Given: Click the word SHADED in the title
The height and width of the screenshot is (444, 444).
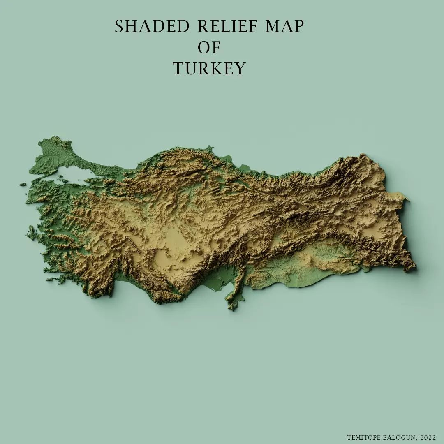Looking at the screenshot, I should click(x=152, y=27).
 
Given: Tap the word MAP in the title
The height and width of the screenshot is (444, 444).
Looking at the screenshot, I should click(x=284, y=27).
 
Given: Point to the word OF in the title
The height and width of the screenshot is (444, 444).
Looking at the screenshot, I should click(x=209, y=48).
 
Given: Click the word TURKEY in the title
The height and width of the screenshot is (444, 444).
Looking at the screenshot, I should click(x=209, y=69).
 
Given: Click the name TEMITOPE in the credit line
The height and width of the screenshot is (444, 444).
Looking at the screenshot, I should click(x=363, y=437).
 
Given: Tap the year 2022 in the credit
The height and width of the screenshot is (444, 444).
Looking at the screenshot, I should click(x=428, y=437).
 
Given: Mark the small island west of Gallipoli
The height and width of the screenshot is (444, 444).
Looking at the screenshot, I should click(x=23, y=185).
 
